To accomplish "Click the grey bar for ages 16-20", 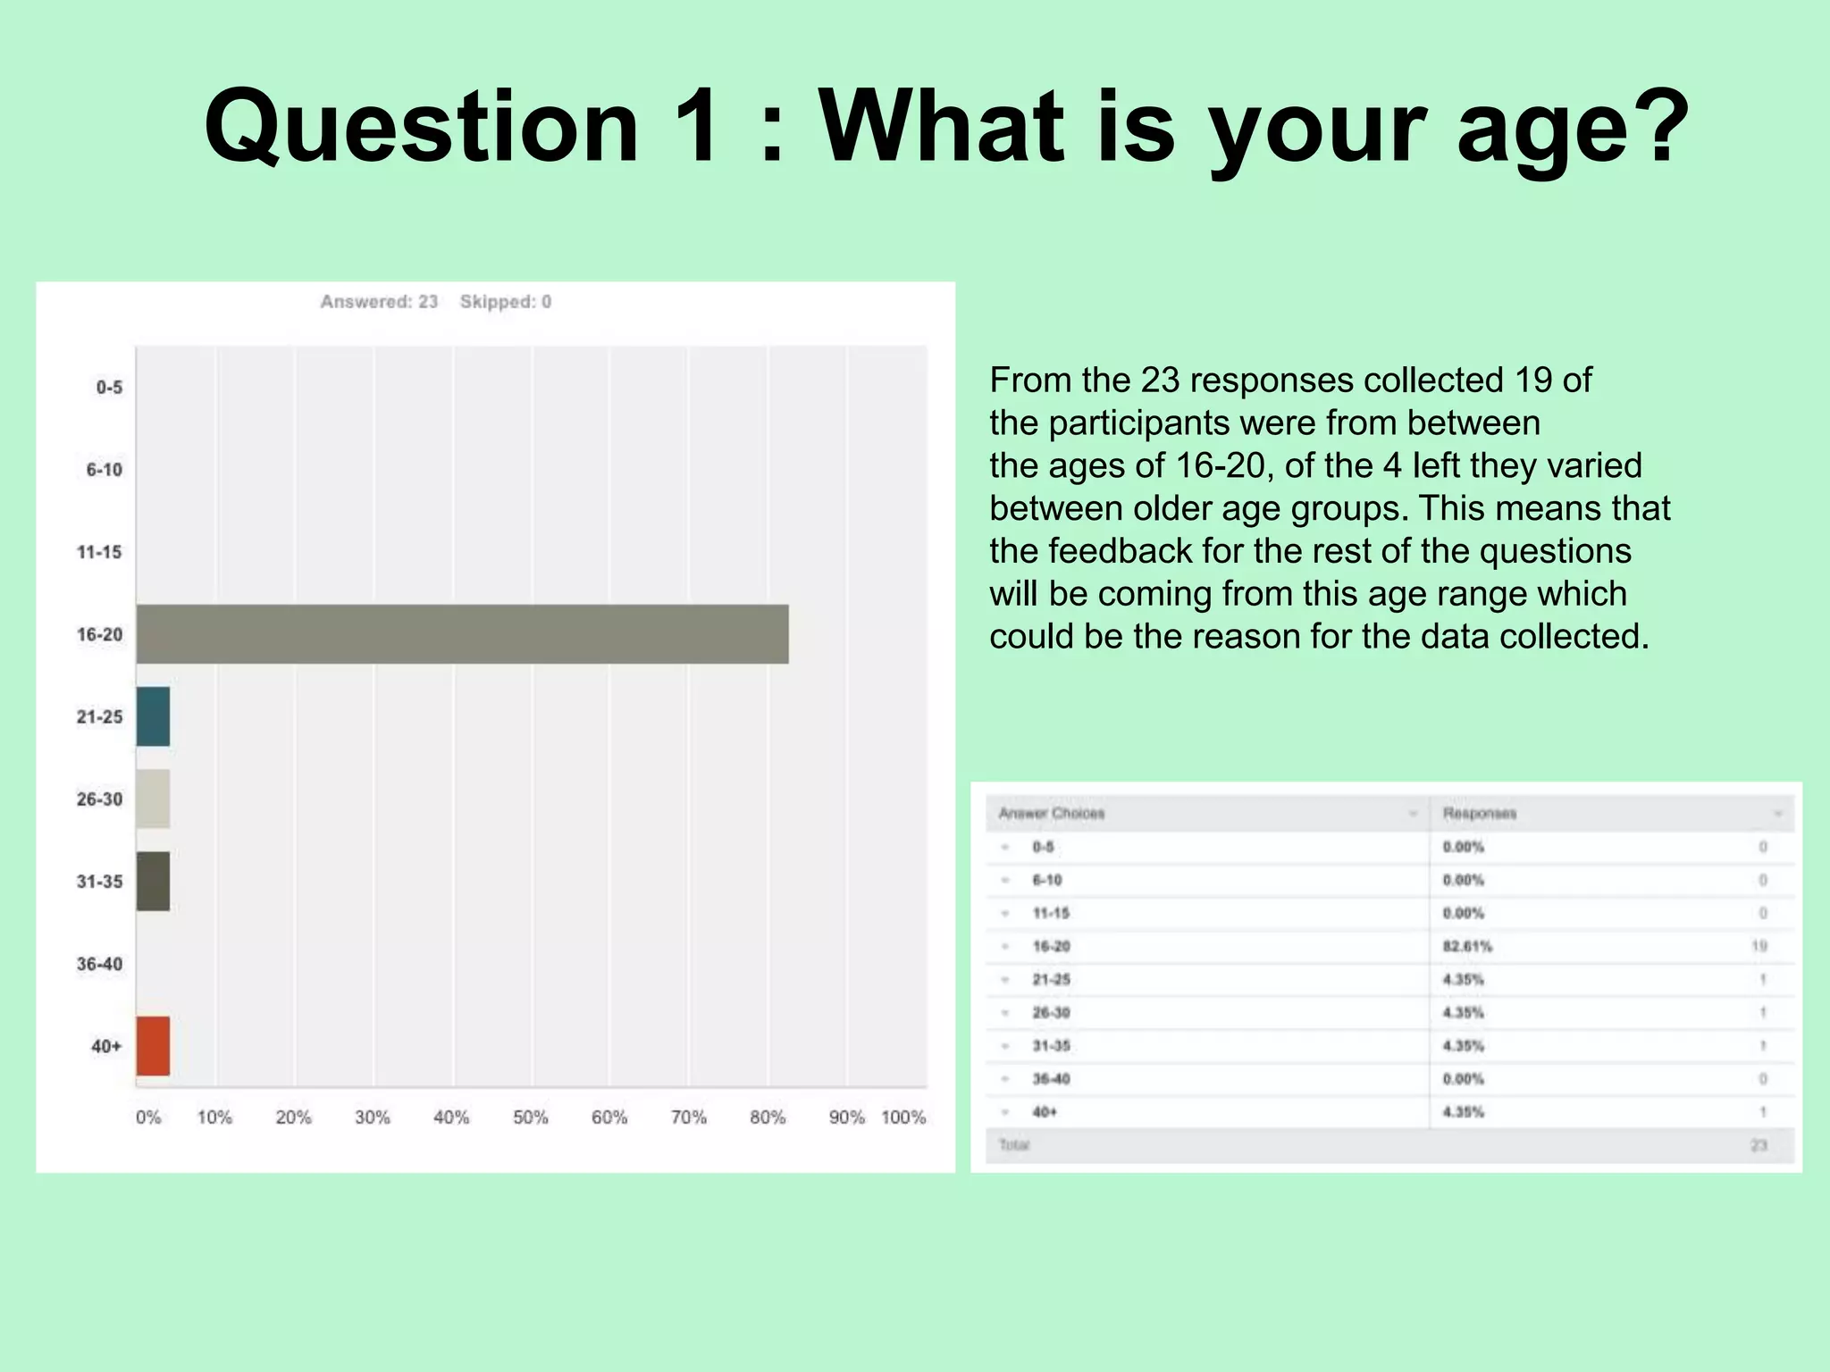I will [x=462, y=634].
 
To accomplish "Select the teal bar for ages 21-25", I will [x=153, y=716].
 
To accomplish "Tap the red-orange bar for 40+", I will [x=153, y=1046].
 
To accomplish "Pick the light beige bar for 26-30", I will [x=153, y=799].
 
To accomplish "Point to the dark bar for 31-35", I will [x=153, y=882].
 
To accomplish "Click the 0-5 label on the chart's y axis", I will [x=109, y=388].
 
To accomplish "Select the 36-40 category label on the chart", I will [x=99, y=964].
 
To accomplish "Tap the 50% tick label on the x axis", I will [x=530, y=1117].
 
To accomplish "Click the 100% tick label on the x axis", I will [x=903, y=1117].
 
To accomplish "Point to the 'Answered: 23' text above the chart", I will [x=379, y=302].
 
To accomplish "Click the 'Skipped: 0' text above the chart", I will [x=506, y=302].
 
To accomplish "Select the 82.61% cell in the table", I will [x=1467, y=946].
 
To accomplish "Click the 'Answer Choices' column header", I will [x=1052, y=814].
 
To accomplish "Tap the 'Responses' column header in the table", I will [x=1480, y=814].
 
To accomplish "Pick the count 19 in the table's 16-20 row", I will [x=1759, y=946].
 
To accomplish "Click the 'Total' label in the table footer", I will [x=1014, y=1145].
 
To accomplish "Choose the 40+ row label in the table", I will [x=1045, y=1112].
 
